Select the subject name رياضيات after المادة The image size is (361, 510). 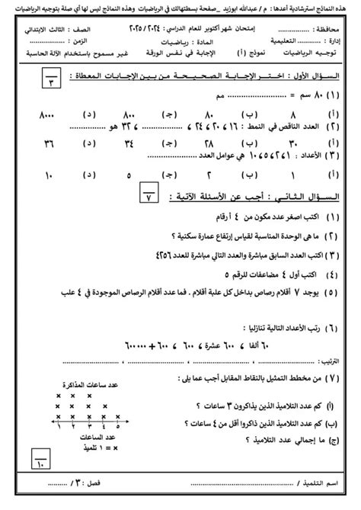point(178,44)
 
